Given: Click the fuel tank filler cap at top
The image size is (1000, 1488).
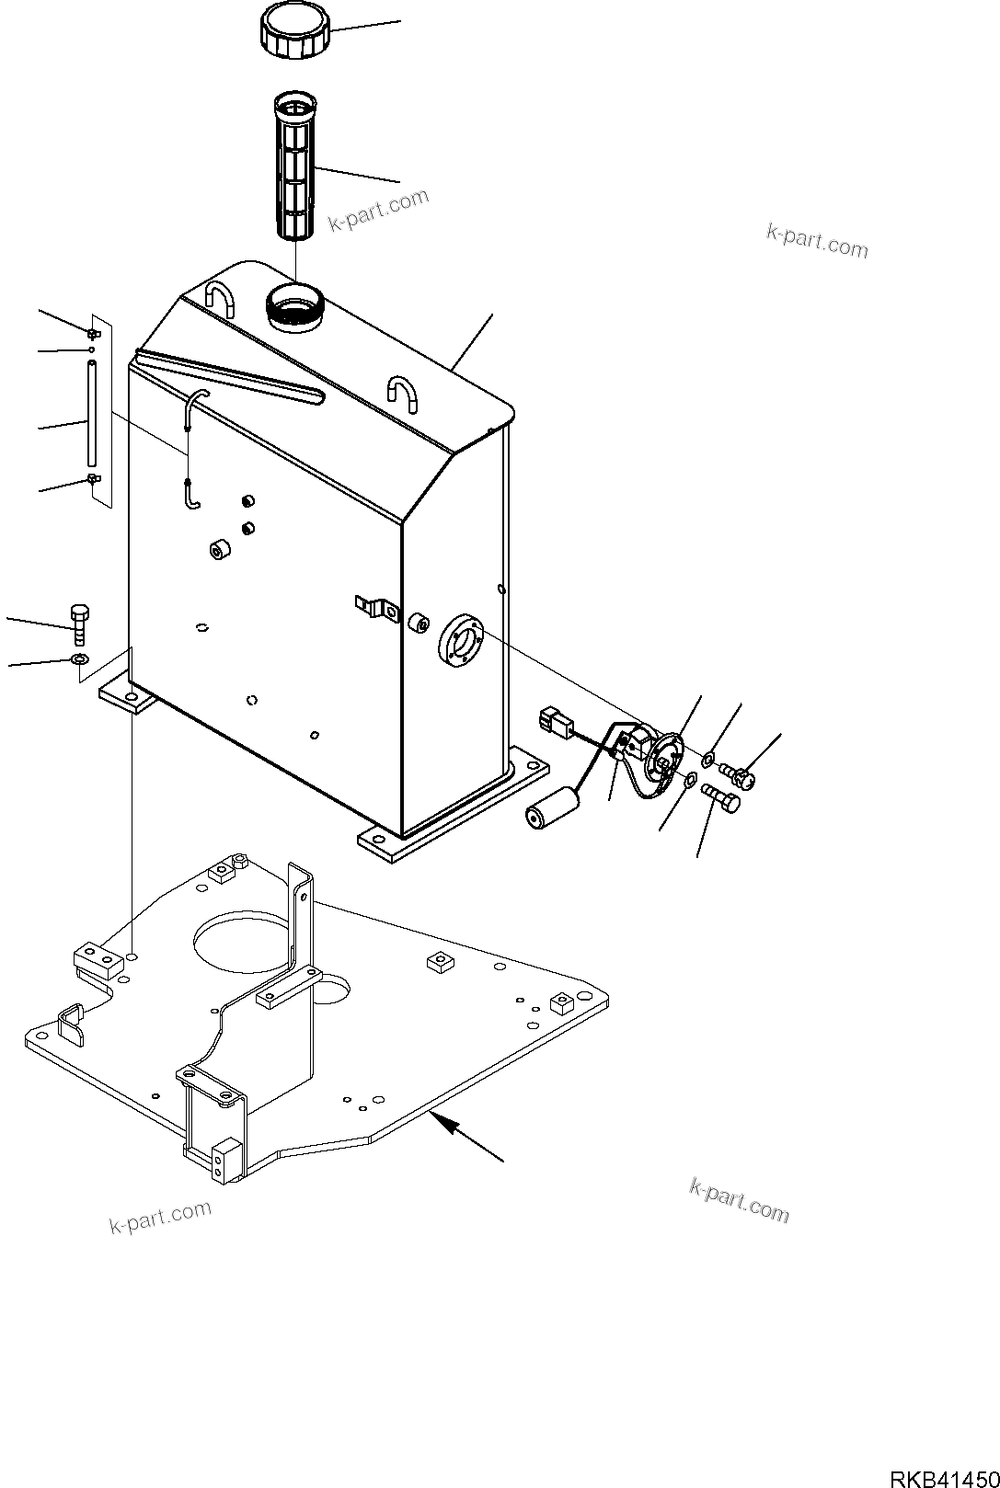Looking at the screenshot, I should point(293,31).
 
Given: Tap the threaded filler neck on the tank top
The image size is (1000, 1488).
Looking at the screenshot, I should point(293,305).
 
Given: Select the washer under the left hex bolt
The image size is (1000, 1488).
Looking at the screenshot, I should point(79,658).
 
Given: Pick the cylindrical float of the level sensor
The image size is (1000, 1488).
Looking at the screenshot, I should point(549,807).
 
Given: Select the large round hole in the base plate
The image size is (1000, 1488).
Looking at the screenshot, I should point(236,943).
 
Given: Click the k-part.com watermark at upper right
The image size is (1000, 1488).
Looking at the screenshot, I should point(816,241).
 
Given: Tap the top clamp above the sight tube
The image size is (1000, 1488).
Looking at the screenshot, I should point(93,332).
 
